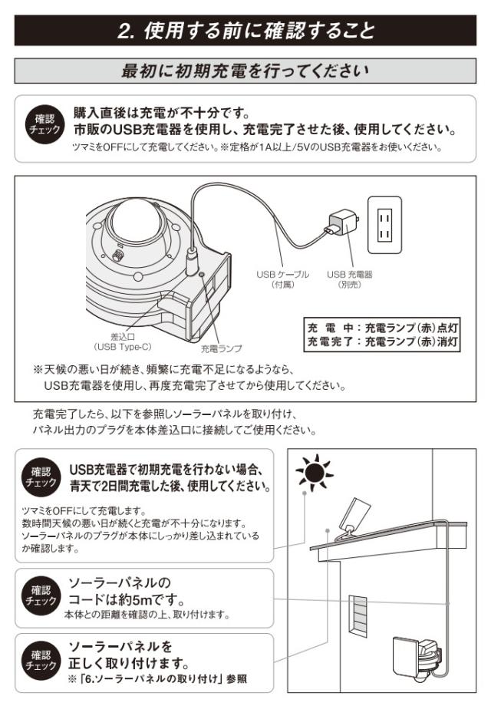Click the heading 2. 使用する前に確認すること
245,31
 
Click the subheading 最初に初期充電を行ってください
245,71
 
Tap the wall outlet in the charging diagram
384,225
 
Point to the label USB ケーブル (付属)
282,279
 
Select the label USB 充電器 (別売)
350,279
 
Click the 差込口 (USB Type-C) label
123,341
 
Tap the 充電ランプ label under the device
221,348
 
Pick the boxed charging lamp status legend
382,335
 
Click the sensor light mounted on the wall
417,656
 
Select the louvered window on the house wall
358,616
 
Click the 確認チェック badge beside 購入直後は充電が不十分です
44,124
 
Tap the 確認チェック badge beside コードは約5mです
41,596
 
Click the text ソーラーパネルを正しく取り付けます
129,655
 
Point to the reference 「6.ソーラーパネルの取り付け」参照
157,679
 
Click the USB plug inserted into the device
192,261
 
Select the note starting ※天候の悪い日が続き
189,378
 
